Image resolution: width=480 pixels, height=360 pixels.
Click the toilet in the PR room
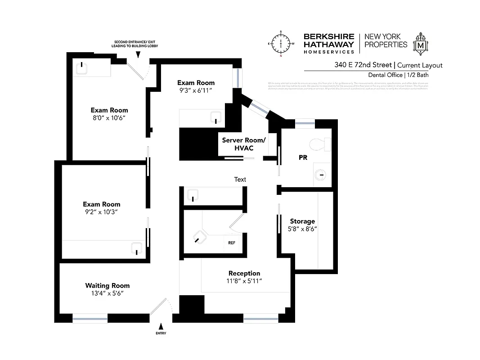(320, 144)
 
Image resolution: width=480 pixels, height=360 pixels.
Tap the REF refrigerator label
(232, 243)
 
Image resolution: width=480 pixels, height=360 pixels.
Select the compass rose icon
(281, 44)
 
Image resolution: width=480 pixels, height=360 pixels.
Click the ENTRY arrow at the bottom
(161, 326)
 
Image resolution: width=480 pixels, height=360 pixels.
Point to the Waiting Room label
(108, 285)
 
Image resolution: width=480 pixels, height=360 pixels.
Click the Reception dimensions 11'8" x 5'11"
(244, 281)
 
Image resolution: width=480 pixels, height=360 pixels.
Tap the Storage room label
(302, 221)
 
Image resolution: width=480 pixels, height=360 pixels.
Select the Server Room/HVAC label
(244, 144)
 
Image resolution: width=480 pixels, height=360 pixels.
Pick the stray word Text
(240, 180)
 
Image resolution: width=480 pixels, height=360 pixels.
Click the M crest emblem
(421, 44)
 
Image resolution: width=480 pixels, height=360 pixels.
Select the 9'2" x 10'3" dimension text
(102, 211)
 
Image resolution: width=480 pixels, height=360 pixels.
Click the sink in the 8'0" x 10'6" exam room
(82, 67)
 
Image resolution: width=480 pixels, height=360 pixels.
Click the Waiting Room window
(90, 319)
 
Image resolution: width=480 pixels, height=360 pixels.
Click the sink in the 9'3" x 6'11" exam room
(216, 117)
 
